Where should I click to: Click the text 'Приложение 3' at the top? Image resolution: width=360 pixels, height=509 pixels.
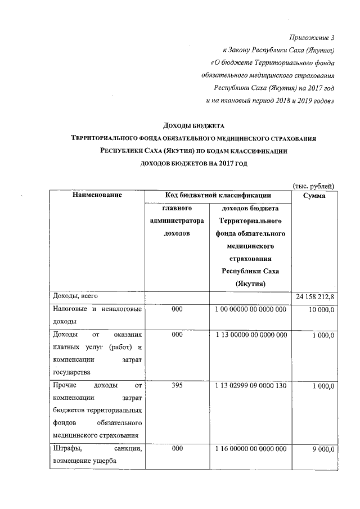tap(311, 39)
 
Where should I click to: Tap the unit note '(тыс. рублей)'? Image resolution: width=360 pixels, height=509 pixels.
tap(314, 186)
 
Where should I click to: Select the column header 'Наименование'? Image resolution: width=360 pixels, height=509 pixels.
tap(97, 195)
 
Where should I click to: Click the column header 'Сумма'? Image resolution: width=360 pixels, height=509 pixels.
tap(314, 195)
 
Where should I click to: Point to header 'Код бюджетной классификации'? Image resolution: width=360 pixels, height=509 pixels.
tap(218, 195)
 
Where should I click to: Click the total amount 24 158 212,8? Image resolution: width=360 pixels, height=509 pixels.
tap(314, 297)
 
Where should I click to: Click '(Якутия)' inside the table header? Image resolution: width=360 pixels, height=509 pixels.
tap(250, 284)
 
